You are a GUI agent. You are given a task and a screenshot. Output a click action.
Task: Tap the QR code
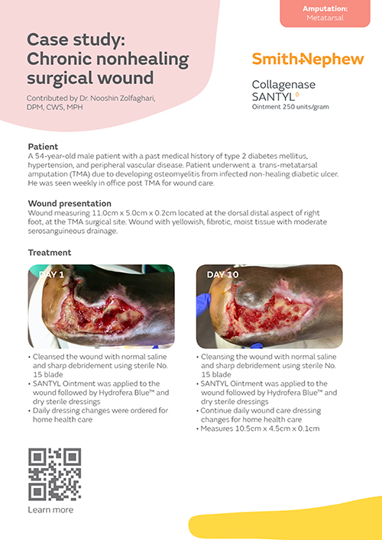[55, 474]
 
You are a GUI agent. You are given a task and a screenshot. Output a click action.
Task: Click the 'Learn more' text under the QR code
[51, 509]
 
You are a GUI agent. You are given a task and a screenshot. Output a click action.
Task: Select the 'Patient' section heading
[43, 145]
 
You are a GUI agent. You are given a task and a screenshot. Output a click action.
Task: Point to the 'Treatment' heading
[50, 252]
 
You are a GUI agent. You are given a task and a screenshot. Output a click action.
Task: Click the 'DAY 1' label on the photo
[52, 274]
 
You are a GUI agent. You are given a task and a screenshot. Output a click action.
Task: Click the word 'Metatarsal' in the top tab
[325, 17]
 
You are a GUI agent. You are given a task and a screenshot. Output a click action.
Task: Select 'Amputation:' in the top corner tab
[325, 7]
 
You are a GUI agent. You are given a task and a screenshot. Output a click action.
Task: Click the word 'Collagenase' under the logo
[283, 85]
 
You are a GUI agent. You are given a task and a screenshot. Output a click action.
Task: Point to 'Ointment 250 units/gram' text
[290, 107]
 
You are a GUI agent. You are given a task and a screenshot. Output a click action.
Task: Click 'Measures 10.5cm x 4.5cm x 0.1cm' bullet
[260, 428]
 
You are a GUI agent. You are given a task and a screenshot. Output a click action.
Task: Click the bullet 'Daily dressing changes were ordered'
[99, 410]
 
